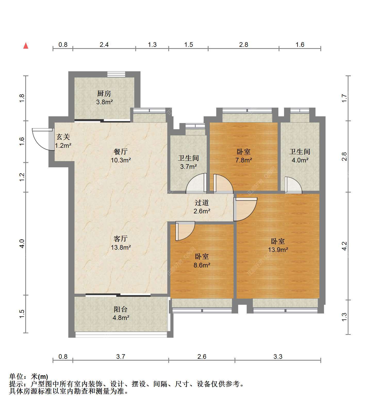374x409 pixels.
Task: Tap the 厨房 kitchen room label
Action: coord(104,93)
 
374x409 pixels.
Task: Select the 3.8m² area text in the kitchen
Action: coord(104,102)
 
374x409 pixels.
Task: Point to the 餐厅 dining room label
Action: coord(121,152)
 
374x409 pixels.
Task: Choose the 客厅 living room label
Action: coord(121,239)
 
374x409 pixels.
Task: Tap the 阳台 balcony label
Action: coord(121,309)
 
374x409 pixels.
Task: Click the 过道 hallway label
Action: coord(202,203)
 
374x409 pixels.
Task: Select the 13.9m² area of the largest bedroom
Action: coord(278,250)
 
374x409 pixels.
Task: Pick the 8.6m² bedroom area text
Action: coord(202,265)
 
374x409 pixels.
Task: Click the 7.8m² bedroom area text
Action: coord(244,160)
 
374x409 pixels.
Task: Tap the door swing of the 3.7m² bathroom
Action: coord(196,183)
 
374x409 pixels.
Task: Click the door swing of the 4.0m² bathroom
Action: coord(293,185)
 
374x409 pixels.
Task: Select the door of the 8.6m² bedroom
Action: coord(185,231)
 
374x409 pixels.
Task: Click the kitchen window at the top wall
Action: coord(116,74)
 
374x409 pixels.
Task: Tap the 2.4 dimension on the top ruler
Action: coord(104,45)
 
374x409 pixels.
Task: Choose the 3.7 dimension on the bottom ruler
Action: coord(121,356)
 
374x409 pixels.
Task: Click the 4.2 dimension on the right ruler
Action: coord(344,246)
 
